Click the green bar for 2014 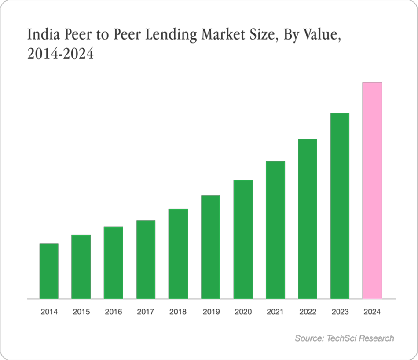[x=49, y=271]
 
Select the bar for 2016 [x=114, y=262]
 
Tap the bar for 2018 [x=178, y=254]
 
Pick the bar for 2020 [x=243, y=239]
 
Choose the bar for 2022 [x=308, y=219]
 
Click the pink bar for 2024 [x=372, y=190]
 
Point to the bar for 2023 [x=340, y=206]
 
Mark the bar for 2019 [x=211, y=247]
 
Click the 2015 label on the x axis [x=81, y=312]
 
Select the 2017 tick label [x=146, y=312]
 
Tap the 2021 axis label [x=275, y=312]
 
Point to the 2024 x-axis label [x=372, y=312]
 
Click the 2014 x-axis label [x=49, y=312]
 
